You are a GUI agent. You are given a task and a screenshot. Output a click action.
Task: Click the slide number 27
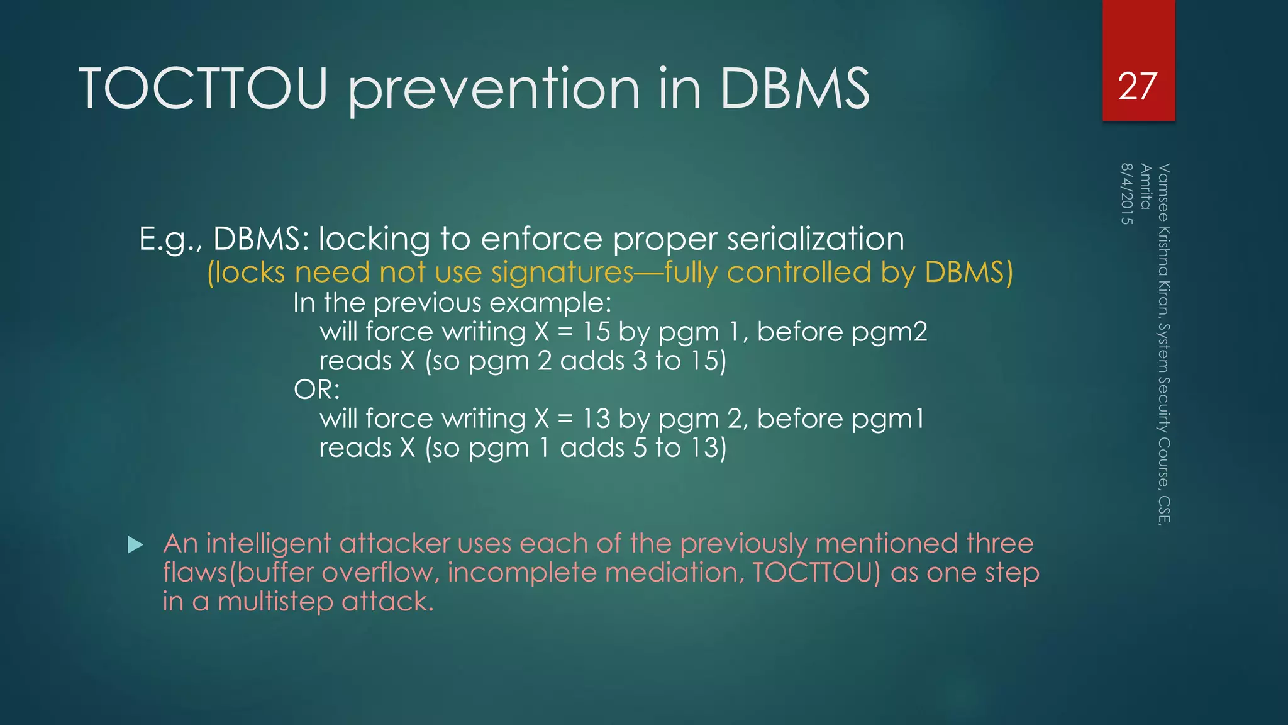1138,87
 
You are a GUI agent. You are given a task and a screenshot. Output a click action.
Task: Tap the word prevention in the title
494,89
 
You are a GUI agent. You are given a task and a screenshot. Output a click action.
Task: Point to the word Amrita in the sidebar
1146,186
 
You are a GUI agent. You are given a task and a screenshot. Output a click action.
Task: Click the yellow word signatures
562,273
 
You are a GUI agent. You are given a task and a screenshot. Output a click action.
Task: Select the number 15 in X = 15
596,332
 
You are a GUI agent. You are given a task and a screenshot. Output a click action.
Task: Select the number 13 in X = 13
596,419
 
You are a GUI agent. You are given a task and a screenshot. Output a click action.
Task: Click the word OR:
316,390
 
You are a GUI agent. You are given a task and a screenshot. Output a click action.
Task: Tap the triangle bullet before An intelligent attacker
135,544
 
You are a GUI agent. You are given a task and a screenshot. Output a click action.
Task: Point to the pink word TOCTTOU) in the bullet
816,572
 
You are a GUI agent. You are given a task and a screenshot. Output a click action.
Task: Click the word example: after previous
550,303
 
